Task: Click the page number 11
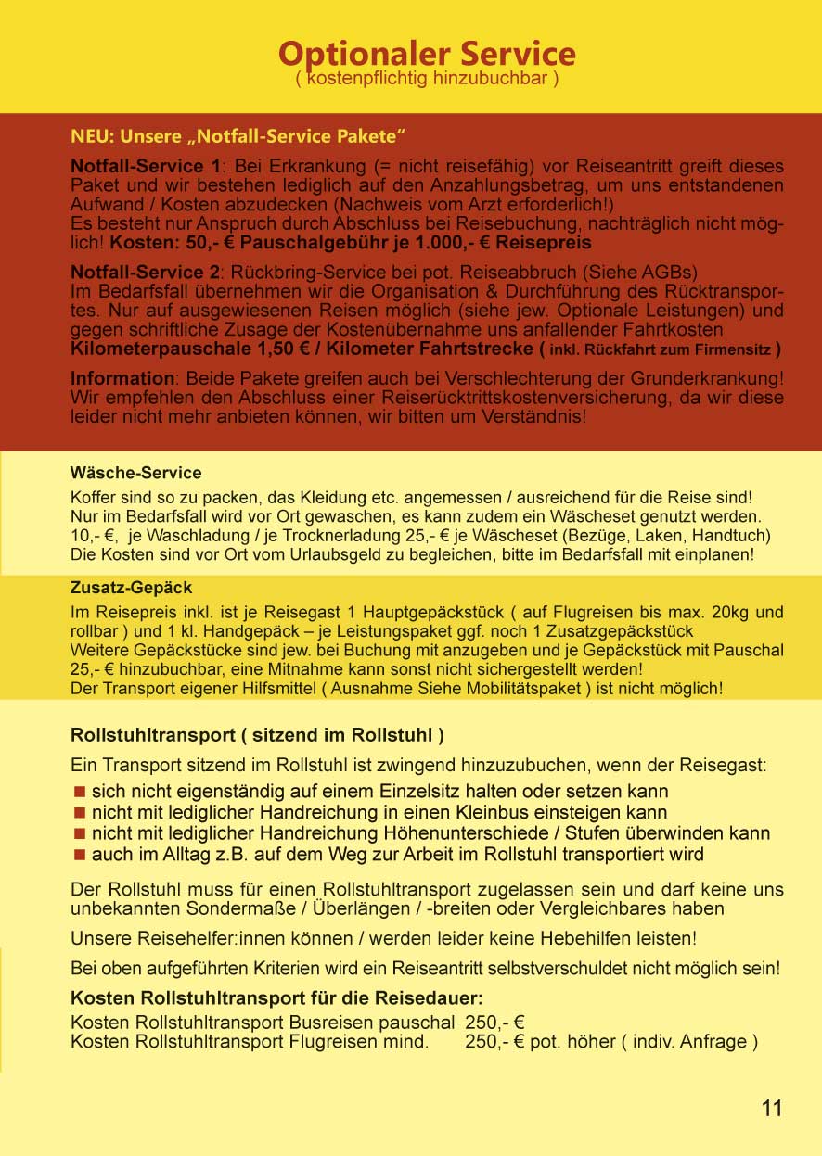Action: [772, 1108]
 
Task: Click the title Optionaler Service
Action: [427, 53]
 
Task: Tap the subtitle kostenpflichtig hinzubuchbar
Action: [427, 80]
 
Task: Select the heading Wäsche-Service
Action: [135, 474]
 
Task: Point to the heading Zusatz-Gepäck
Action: [131, 588]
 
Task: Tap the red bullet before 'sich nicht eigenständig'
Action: [80, 793]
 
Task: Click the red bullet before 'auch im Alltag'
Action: [80, 855]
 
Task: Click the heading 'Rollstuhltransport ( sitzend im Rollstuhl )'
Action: [257, 736]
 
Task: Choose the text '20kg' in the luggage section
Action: [742, 613]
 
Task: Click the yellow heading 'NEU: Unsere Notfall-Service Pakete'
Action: [238, 137]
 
